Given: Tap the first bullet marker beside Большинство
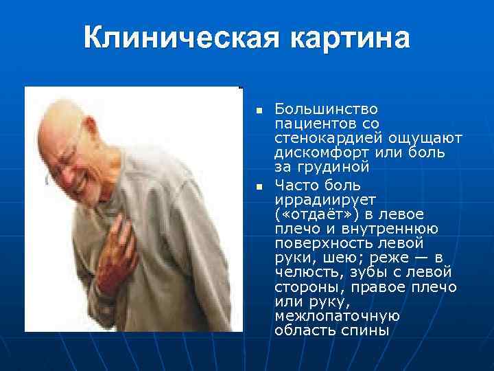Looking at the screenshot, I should tap(258, 111).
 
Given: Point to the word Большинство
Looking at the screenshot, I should tap(316, 110).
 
